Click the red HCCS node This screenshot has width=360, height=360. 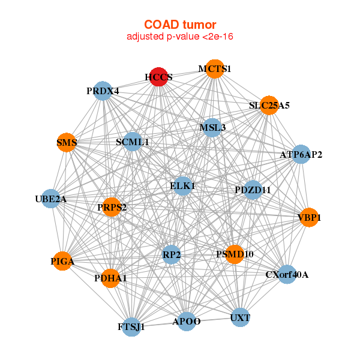[158, 77]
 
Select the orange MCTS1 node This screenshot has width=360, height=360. [214, 69]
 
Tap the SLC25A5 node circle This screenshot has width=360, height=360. [269, 105]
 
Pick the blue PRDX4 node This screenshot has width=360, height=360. [103, 91]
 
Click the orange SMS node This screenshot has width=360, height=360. [67, 142]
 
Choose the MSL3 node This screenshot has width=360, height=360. [212, 127]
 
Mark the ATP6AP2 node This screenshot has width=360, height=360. [301, 155]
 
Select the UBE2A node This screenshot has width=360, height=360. [51, 199]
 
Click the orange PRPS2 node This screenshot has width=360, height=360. [112, 207]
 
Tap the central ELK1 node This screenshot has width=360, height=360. [182, 186]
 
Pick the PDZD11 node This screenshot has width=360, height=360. [253, 190]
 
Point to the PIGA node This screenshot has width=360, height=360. [62, 261]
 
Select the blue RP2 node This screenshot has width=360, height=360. [171, 254]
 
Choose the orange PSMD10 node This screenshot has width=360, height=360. [235, 254]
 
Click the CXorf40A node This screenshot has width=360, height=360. [287, 274]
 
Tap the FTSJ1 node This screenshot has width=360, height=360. [131, 327]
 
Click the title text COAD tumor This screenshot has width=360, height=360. [180, 25]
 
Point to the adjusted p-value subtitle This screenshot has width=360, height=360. [180, 37]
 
